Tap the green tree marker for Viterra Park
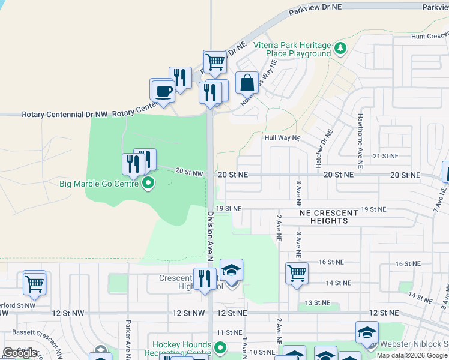(340, 47)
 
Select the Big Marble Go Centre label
(99, 183)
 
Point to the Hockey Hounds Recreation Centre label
(182, 349)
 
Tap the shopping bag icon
(247, 83)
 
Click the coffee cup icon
(164, 91)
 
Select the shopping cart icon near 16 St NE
(297, 274)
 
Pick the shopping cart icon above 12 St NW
(35, 283)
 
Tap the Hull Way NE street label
(282, 137)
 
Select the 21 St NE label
(385, 155)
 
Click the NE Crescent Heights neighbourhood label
(329, 217)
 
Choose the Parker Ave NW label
(128, 339)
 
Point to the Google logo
(20, 353)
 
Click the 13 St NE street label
(316, 303)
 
